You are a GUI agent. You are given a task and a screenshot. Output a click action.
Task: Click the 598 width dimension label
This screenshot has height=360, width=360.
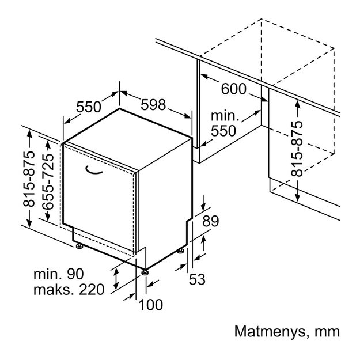[x=153, y=105]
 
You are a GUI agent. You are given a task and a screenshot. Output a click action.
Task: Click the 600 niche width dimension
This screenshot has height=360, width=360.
[x=233, y=89]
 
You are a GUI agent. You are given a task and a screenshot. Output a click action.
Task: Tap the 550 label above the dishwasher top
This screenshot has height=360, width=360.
[x=88, y=107]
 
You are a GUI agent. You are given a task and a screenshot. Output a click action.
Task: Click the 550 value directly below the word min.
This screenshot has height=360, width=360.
[x=223, y=131]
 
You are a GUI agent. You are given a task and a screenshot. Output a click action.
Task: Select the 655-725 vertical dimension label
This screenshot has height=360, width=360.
[x=48, y=181]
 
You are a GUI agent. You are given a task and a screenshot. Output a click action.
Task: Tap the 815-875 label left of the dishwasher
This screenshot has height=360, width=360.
[x=29, y=179]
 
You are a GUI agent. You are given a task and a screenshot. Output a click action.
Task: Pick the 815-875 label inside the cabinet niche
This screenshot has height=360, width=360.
[x=297, y=149]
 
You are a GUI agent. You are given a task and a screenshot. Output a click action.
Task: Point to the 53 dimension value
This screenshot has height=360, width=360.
[x=197, y=279]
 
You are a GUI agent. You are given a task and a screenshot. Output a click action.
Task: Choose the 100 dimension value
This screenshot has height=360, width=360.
[x=151, y=305]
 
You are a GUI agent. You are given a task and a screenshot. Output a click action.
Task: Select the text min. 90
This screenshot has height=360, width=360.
[x=59, y=274]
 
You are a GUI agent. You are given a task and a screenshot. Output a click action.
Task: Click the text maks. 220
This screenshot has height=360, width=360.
[x=69, y=289]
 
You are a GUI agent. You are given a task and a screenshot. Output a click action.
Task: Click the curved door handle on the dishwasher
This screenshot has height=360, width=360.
[x=94, y=170]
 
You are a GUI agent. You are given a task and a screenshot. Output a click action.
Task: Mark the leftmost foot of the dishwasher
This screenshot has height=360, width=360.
[x=79, y=246]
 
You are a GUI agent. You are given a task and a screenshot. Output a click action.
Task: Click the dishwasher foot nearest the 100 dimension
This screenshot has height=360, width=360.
[x=145, y=272]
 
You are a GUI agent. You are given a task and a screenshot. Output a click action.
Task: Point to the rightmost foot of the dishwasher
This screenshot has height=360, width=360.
[x=180, y=251]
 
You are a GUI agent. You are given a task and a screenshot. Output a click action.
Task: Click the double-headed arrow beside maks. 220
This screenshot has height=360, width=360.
[x=116, y=278]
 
